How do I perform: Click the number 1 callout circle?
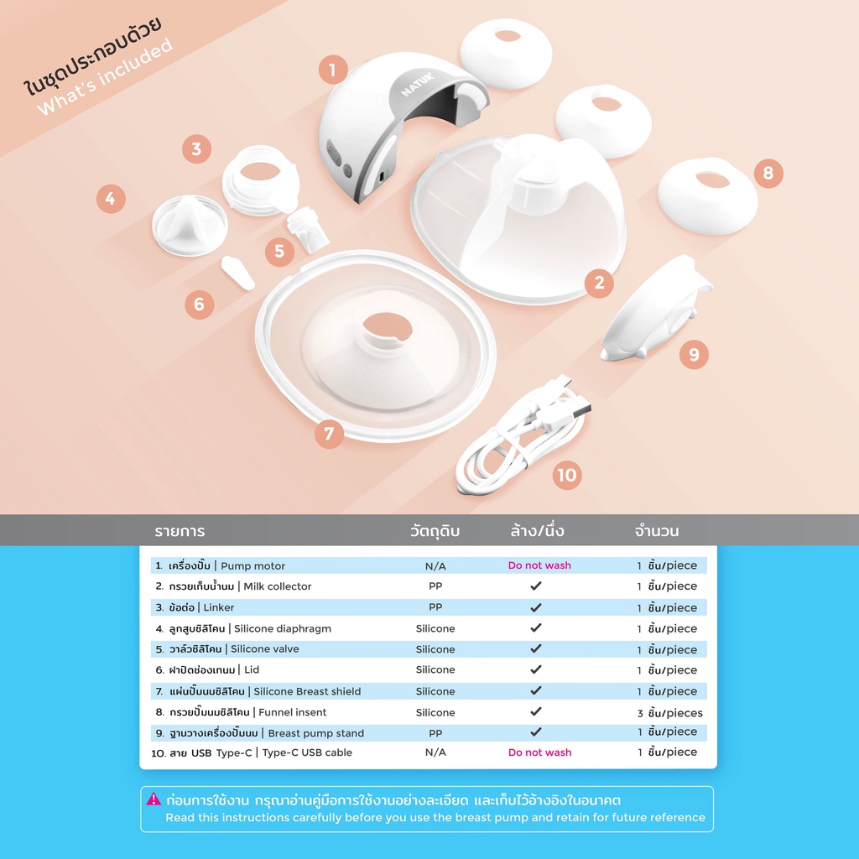pyautogui.click(x=333, y=70)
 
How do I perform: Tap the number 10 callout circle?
pyautogui.click(x=567, y=475)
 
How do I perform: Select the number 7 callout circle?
pyautogui.click(x=329, y=434)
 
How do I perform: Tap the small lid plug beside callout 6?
pyautogui.click(x=237, y=273)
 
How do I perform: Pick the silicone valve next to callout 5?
pyautogui.click(x=307, y=229)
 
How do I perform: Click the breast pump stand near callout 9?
pyautogui.click(x=656, y=310)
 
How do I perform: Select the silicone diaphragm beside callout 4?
pyautogui.click(x=190, y=225)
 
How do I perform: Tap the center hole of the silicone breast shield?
pyautogui.click(x=388, y=328)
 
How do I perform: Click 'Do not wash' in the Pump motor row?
pyautogui.click(x=539, y=565)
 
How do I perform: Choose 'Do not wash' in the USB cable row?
pyautogui.click(x=539, y=752)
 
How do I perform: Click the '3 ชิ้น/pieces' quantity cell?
pyautogui.click(x=669, y=713)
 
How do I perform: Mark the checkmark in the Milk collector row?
pyautogui.click(x=536, y=586)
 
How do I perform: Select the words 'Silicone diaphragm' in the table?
pyautogui.click(x=283, y=628)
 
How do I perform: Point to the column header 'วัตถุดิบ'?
pyautogui.click(x=435, y=530)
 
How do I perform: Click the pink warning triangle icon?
pyautogui.click(x=154, y=799)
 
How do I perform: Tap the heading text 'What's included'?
pyautogui.click(x=105, y=76)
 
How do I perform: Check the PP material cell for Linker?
pyautogui.click(x=435, y=607)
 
